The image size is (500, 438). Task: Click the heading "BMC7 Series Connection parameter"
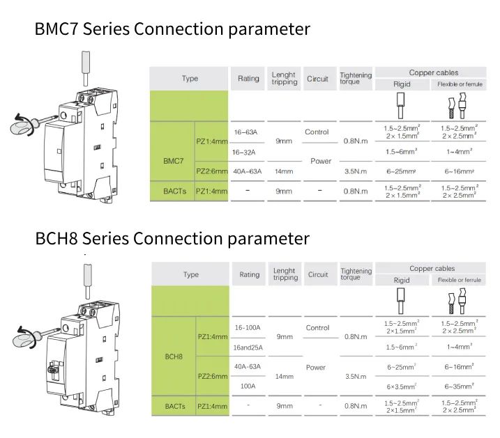tap(172, 29)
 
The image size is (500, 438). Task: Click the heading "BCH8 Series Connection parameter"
tap(172, 238)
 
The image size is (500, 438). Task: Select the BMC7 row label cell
tap(173, 160)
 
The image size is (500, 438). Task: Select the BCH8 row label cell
tap(174, 356)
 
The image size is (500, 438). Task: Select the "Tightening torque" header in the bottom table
tap(356, 274)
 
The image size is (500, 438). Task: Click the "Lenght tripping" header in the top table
tap(284, 79)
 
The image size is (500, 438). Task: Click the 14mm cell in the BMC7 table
tap(284, 171)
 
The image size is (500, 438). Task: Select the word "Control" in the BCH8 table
tap(317, 327)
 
